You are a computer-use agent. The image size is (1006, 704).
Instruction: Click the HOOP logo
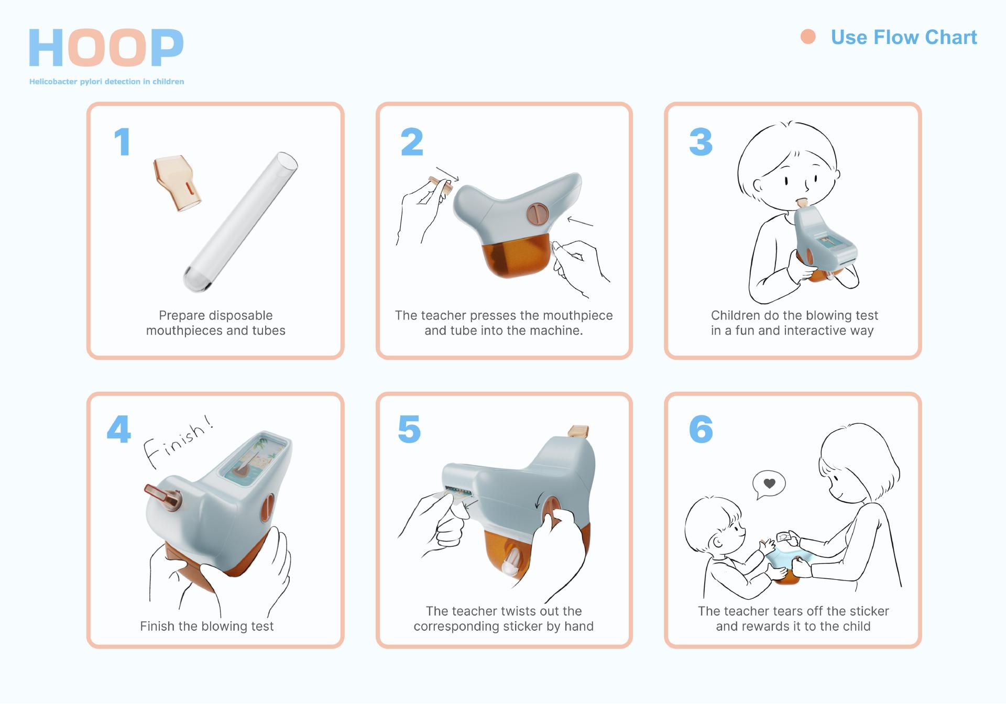point(106,48)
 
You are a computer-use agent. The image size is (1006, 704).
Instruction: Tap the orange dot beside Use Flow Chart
point(808,37)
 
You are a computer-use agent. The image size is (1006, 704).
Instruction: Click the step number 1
point(122,142)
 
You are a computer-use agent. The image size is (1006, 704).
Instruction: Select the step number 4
point(119,429)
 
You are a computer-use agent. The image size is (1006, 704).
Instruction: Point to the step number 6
point(701,429)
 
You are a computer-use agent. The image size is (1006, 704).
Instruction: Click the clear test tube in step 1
point(240,222)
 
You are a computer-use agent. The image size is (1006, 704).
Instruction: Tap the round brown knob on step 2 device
point(537,213)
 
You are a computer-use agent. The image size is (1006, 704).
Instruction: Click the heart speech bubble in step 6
point(769,485)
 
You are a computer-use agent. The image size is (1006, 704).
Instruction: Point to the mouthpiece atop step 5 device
point(578,432)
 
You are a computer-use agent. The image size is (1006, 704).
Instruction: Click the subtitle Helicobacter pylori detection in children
point(106,82)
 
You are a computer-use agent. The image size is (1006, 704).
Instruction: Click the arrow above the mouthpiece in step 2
point(447,174)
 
